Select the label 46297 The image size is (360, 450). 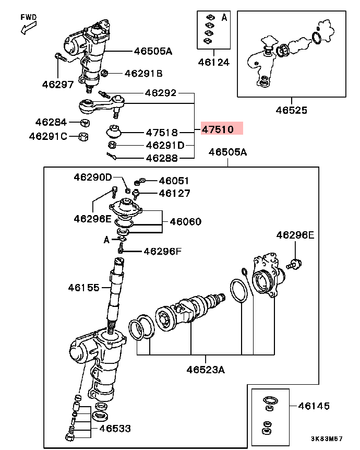coord(58,84)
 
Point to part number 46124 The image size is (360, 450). coord(213,62)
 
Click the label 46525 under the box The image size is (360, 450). coord(292,110)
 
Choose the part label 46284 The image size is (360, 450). coord(51,123)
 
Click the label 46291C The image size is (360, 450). coord(48,136)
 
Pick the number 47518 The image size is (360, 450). coord(162,133)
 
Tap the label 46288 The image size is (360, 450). coord(162,157)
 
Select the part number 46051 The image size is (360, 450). coord(174,181)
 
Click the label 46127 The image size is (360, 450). coord(174,193)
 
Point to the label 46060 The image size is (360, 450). coord(185,222)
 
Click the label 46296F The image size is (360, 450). coord(162,251)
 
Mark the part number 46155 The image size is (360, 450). coord(83,287)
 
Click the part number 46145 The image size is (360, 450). coord(314,406)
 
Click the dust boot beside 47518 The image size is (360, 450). coord(114,131)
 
